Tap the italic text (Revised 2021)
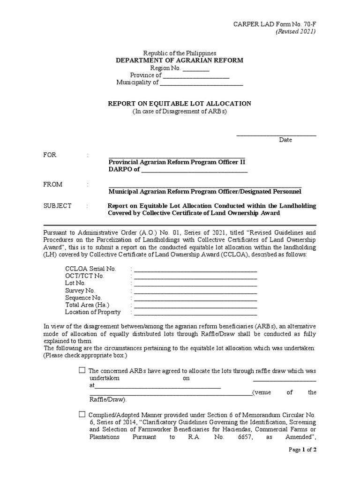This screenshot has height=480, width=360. [x=295, y=31]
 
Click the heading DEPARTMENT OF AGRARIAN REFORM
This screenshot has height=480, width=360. [x=180, y=60]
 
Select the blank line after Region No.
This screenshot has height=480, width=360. [x=195, y=69]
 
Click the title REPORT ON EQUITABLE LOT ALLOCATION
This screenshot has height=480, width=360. [x=180, y=103]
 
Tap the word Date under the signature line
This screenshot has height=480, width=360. [x=285, y=140]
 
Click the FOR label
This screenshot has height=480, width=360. [x=50, y=155]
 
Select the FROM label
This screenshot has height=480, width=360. [x=52, y=184]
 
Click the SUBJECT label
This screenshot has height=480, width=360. [x=57, y=206]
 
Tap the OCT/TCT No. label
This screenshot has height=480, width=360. [x=84, y=276]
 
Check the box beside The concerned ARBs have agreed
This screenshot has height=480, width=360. [x=82, y=370]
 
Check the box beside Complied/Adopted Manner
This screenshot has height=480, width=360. [x=82, y=414]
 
